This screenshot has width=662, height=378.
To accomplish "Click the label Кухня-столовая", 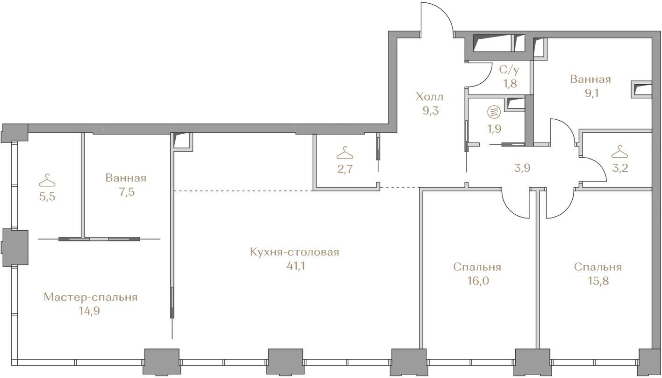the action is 295,253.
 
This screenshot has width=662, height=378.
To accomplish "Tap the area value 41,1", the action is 295,266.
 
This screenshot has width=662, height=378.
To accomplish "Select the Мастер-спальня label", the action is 91,297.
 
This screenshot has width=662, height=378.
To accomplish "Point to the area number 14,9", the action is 90,311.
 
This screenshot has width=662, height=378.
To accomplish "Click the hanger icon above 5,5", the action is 47,181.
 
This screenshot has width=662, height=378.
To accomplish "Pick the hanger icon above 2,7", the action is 345,153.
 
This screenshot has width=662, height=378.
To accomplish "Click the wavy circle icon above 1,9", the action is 494,112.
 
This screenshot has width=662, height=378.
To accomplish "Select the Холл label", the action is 430,97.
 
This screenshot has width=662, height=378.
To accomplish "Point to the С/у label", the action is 509,70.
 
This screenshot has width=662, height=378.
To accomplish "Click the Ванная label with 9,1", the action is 590,79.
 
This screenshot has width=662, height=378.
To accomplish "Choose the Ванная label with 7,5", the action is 126,178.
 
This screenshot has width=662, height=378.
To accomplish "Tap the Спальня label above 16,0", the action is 477,268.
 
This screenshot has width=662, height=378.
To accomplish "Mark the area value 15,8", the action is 598,281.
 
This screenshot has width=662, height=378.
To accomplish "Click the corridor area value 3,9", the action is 522,168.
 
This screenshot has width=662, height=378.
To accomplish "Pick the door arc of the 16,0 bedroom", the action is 508,211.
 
